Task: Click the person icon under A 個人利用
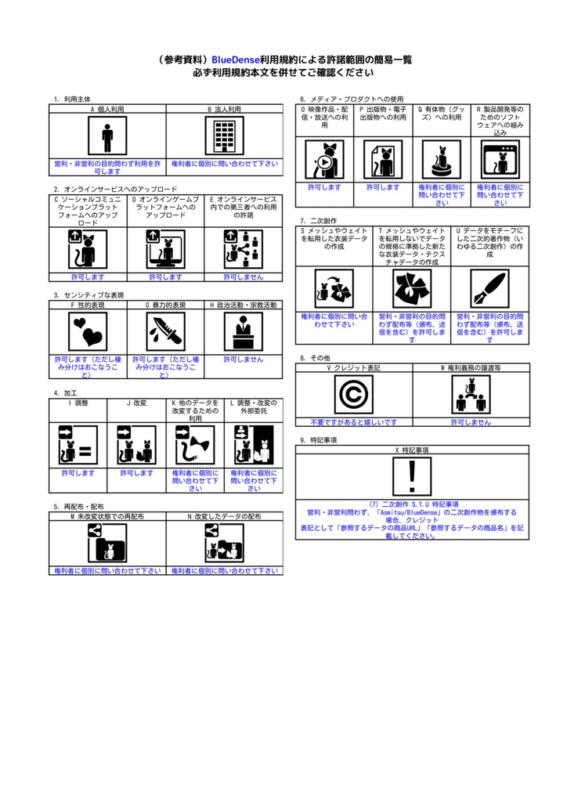click(107, 138)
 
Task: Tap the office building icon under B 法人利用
click(224, 138)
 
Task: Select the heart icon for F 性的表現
click(88, 332)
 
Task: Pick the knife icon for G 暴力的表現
click(165, 332)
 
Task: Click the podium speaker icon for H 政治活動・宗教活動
click(244, 332)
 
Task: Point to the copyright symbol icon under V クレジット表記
click(353, 394)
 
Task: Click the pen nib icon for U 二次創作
click(489, 289)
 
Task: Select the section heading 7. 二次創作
click(318, 221)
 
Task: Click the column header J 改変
click(136, 403)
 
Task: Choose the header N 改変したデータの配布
click(224, 517)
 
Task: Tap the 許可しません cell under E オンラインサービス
click(244, 276)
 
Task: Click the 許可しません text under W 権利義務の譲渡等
click(471, 421)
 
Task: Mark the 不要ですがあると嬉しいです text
click(353, 421)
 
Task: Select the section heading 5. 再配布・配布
click(78, 507)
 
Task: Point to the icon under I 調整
click(78, 445)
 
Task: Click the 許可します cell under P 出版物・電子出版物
click(383, 187)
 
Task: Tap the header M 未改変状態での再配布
click(107, 517)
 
